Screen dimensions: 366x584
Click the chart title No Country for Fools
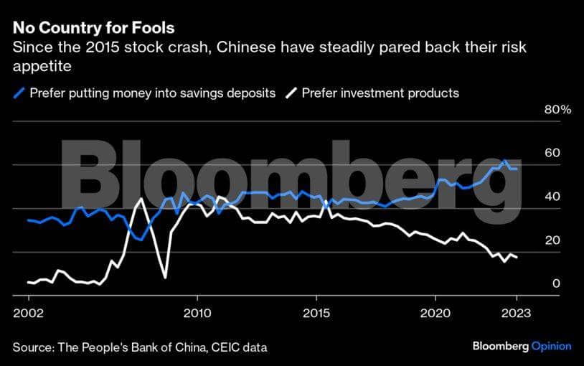click(93, 29)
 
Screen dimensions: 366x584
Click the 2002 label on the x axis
click(29, 313)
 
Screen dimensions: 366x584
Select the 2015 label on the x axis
click(316, 313)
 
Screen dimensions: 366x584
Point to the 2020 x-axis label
click(435, 313)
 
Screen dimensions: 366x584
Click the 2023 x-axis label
click(517, 313)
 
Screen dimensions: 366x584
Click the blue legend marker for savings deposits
click(19, 93)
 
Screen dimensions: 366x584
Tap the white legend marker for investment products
click(291, 93)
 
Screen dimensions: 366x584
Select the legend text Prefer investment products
click(380, 93)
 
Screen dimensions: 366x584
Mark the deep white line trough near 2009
click(165, 277)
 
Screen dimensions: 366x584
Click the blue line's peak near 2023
click(505, 161)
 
